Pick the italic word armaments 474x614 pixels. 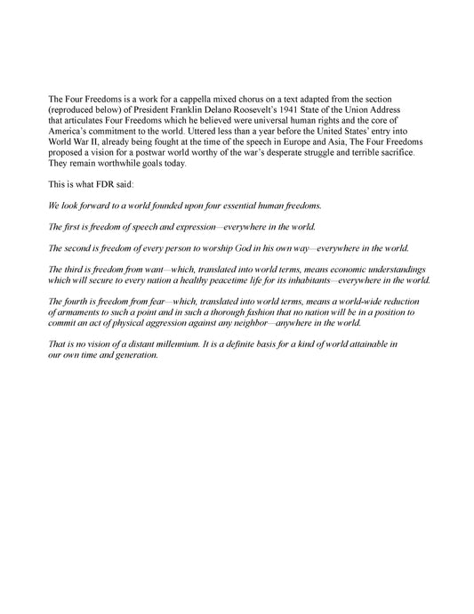point(82,314)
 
